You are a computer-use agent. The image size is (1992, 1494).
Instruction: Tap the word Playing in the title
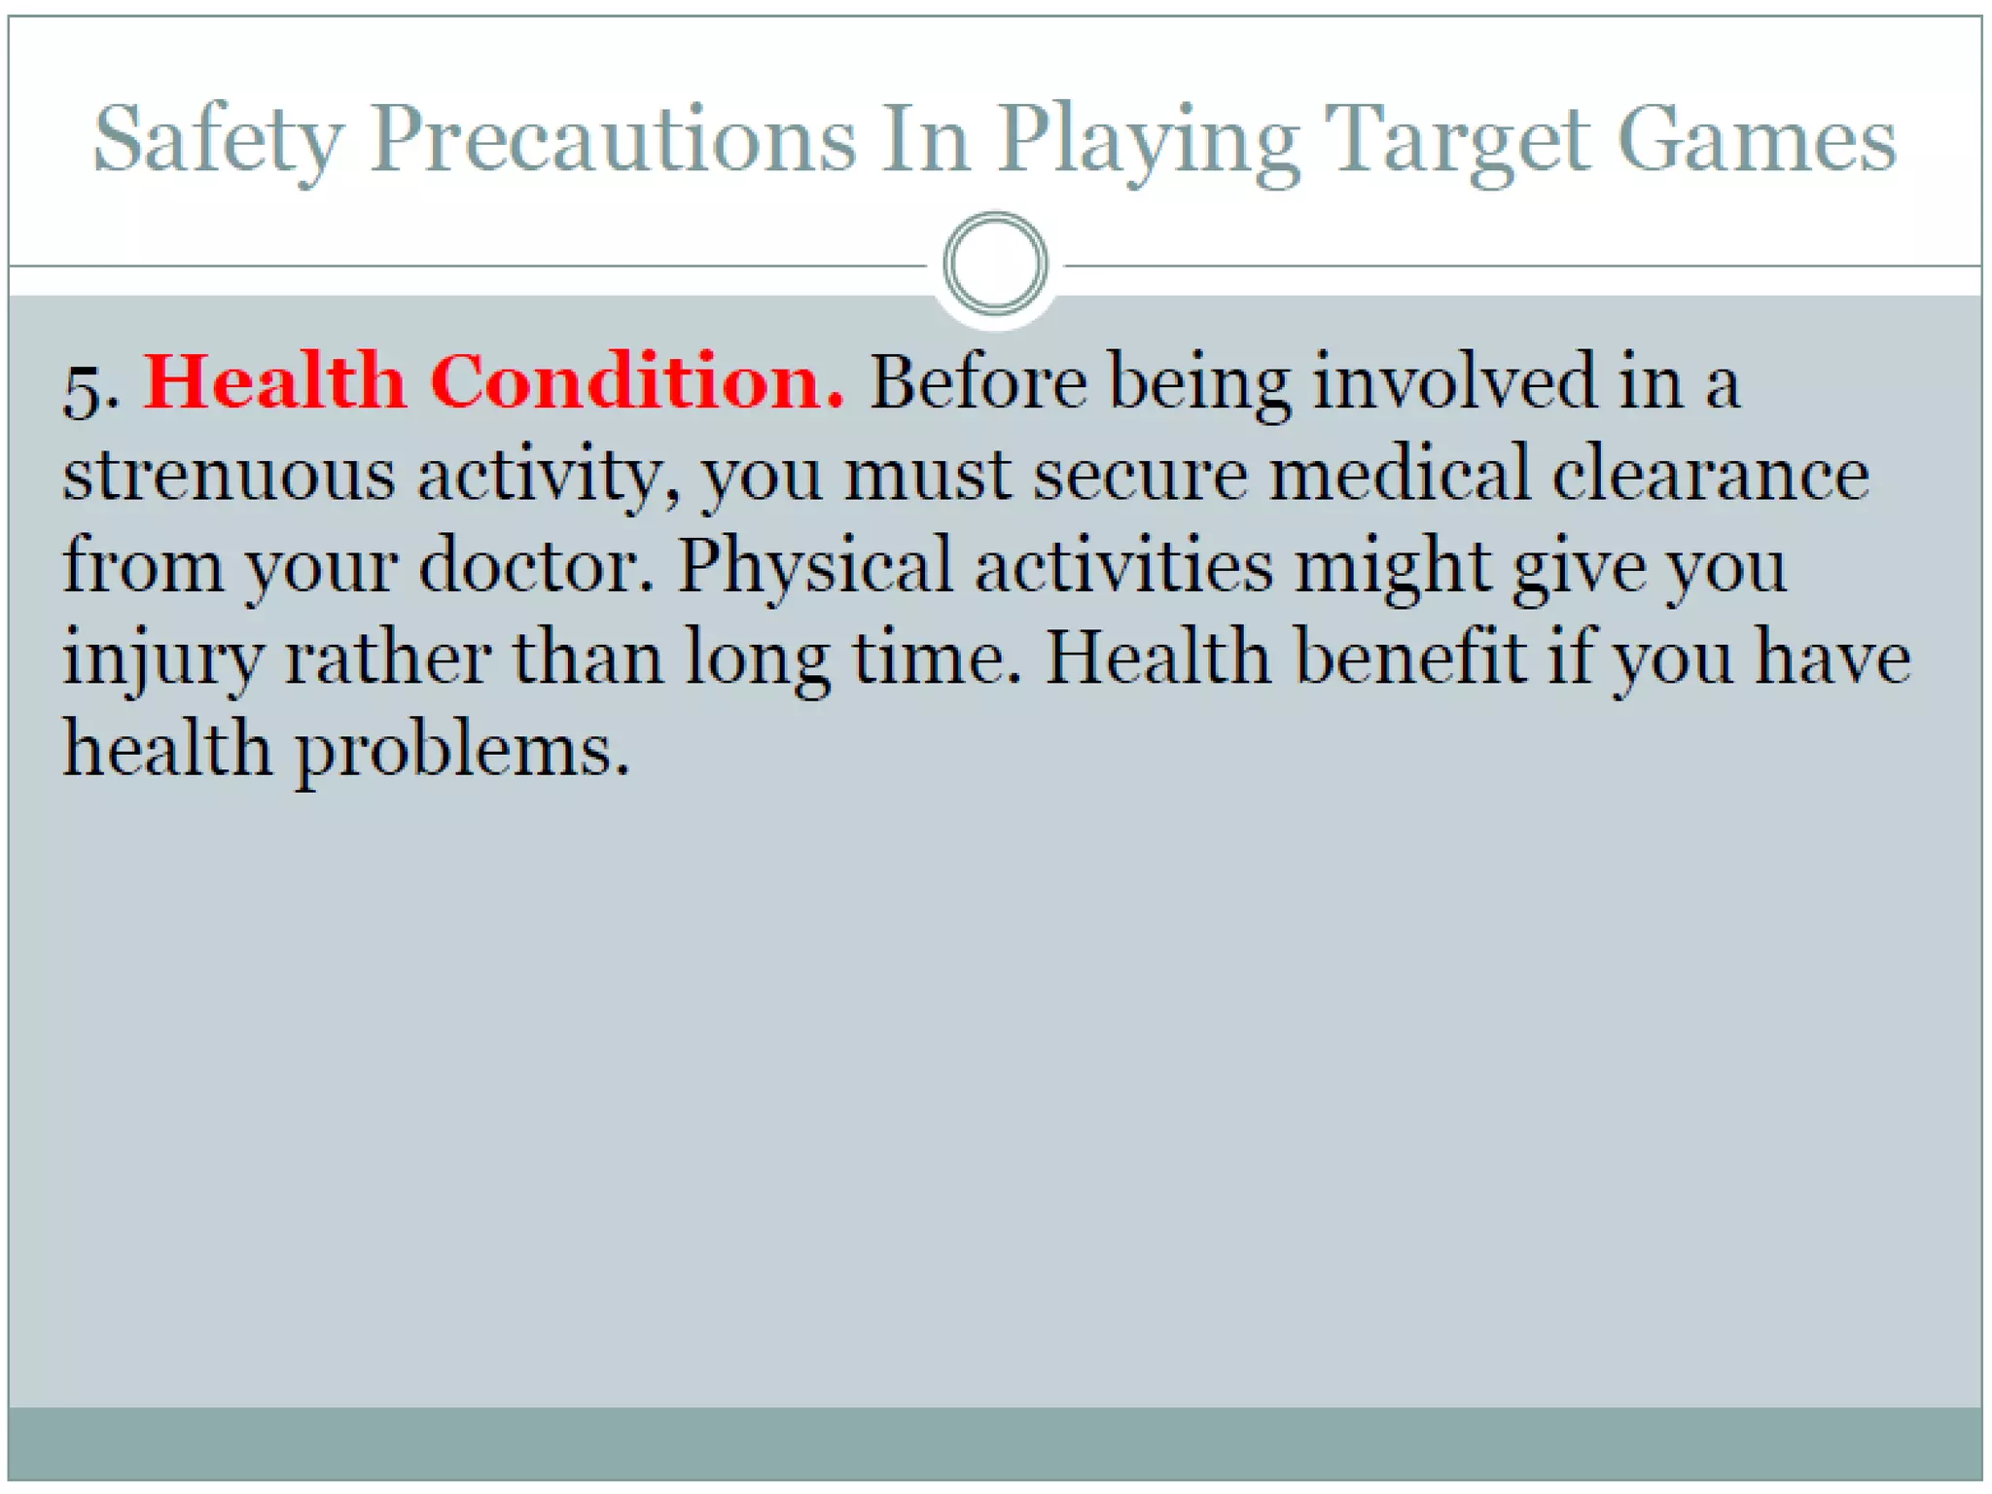tap(1148, 141)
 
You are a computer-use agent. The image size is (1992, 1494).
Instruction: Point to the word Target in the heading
tap(1457, 141)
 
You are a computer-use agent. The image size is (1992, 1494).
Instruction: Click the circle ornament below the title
tap(995, 264)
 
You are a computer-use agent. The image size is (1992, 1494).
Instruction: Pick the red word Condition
tap(636, 381)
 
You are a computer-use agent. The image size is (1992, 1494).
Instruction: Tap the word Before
tap(978, 381)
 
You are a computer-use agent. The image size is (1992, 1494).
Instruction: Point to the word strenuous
tap(229, 475)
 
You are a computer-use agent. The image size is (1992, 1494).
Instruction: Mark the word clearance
tap(1710, 475)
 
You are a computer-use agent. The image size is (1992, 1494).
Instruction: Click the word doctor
tap(536, 565)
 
